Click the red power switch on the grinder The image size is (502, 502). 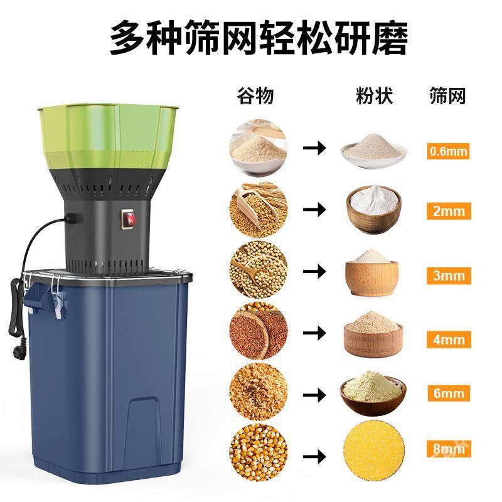click(129, 219)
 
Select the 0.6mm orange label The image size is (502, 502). click(448, 151)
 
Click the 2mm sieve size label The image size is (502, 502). click(449, 211)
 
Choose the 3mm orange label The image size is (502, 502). click(449, 275)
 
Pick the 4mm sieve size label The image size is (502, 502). click(449, 339)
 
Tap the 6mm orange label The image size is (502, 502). click(449, 393)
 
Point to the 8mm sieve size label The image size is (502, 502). click(449, 449)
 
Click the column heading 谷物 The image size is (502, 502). click(255, 95)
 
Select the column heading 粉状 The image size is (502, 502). click(374, 95)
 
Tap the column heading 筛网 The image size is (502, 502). click(447, 95)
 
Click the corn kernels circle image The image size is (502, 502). click(259, 452)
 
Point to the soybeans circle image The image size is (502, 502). click(259, 270)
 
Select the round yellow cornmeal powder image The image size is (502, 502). click(373, 451)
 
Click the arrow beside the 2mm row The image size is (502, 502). click(314, 210)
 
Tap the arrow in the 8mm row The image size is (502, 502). click(314, 456)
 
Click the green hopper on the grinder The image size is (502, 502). click(108, 136)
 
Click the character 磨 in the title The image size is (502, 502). click(390, 38)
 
